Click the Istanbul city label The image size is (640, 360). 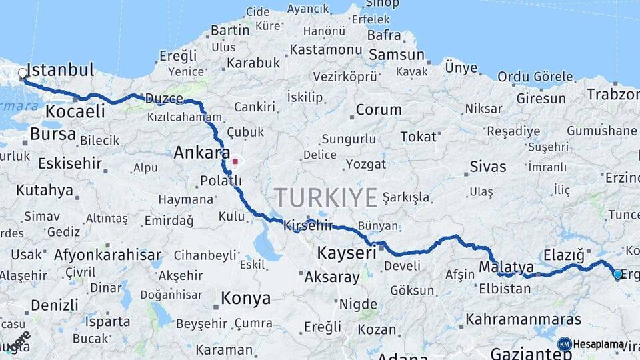(62, 70)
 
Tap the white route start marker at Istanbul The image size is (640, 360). (23, 73)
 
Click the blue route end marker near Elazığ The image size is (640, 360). (617, 274)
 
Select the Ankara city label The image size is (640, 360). (202, 153)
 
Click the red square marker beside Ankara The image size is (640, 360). (235, 161)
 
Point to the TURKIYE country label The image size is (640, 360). (326, 197)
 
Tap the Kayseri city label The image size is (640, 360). (347, 253)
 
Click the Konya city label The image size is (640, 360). (245, 298)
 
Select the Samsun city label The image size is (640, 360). (397, 55)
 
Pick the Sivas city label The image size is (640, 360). (488, 167)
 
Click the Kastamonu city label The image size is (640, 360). (326, 49)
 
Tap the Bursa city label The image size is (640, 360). (53, 133)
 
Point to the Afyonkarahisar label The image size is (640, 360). (107, 255)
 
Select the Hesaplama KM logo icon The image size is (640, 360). (565, 344)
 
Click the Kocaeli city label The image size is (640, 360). (75, 111)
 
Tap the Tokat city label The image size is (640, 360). (418, 137)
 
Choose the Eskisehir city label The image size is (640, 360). (70, 163)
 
